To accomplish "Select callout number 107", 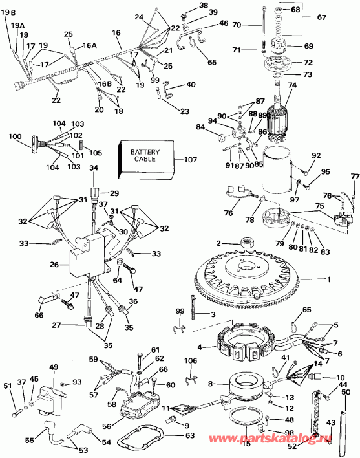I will pyautogui.click(x=189, y=159).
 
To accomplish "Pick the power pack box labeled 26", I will pyautogui.click(x=88, y=259).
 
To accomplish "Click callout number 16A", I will pyautogui.click(x=89, y=46).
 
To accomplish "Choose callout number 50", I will pyautogui.click(x=346, y=393).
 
